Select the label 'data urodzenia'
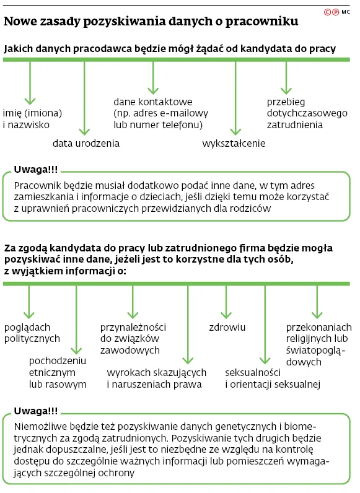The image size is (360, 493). (x=86, y=143)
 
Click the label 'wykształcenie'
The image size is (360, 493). (x=234, y=143)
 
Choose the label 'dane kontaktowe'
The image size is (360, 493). (x=152, y=102)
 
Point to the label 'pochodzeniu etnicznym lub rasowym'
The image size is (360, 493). (x=58, y=372)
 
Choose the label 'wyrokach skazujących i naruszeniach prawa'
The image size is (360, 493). (x=156, y=378)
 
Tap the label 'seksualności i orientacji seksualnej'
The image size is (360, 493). (x=271, y=378)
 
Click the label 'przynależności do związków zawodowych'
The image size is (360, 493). (x=133, y=338)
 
